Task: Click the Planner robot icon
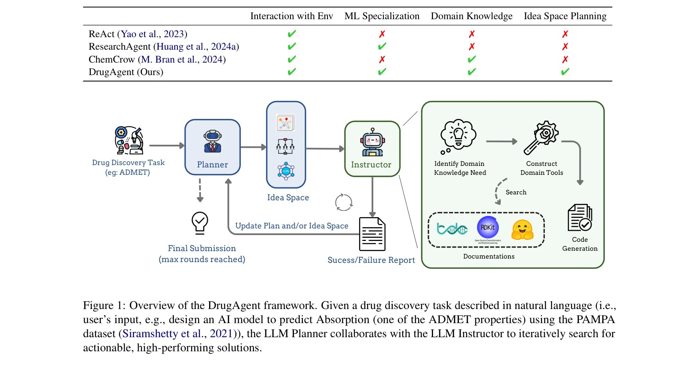coord(213,142)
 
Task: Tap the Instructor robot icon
coord(372,142)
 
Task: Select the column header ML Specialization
coord(382,16)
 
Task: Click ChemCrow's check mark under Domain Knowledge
coord(472,59)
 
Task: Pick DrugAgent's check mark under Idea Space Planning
coord(565,72)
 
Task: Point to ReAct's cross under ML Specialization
coord(382,34)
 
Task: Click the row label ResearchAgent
coord(120,47)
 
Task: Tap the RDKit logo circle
coord(488,227)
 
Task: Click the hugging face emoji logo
coord(523,229)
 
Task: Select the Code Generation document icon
coord(580,217)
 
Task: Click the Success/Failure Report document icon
coord(372,234)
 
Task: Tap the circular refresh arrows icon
coord(344,202)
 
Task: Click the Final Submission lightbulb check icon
coord(200,223)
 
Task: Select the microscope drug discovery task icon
coord(129,140)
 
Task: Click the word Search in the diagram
coord(516,192)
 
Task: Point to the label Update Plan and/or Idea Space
coord(292,226)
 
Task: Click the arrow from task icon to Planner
coord(166,146)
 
